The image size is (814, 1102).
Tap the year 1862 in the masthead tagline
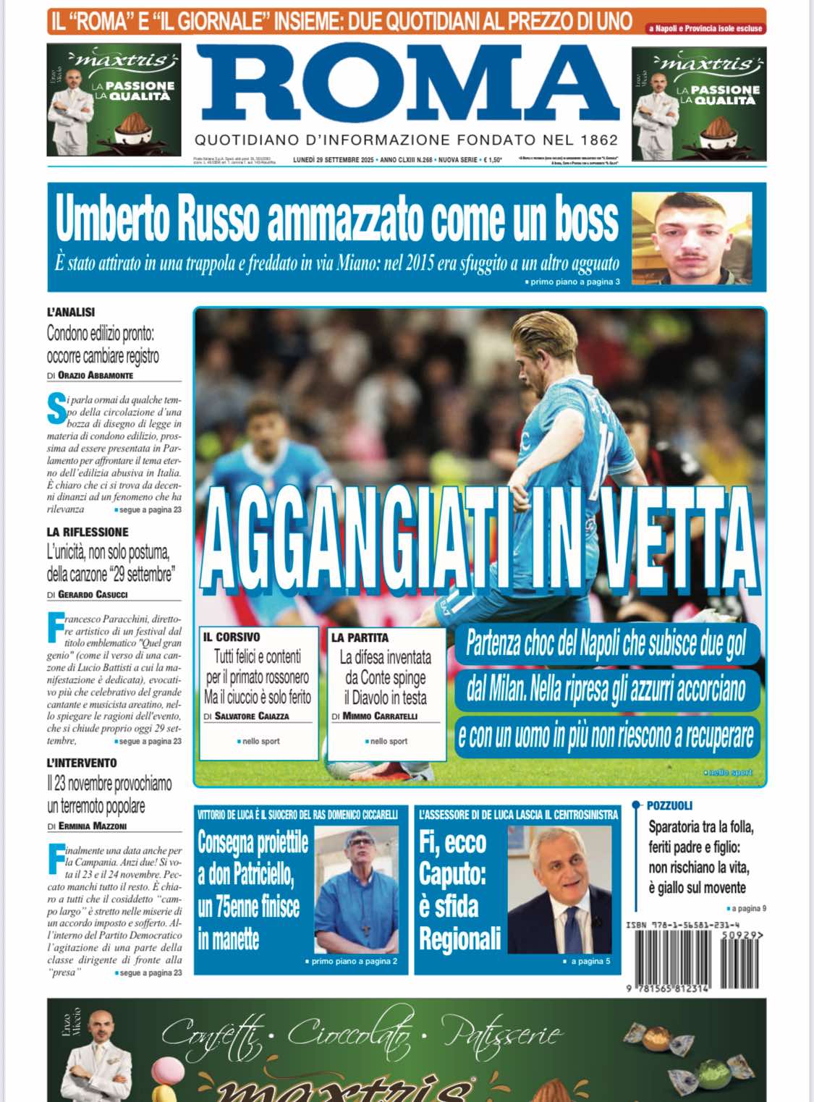599,140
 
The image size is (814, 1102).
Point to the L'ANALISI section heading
71,313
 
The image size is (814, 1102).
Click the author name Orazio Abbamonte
96,376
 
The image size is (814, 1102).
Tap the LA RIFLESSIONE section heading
88,532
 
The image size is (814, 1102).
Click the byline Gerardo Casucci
93,595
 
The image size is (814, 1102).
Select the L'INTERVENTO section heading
82,763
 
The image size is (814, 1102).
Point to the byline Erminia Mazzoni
92,826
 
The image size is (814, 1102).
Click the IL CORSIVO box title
232,637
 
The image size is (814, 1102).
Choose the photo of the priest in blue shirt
357,890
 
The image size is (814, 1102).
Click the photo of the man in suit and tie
559,890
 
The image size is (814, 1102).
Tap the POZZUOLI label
669,805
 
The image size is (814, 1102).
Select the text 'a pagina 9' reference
748,908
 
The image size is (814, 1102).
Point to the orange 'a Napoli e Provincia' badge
705,28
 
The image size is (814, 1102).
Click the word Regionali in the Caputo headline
459,938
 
